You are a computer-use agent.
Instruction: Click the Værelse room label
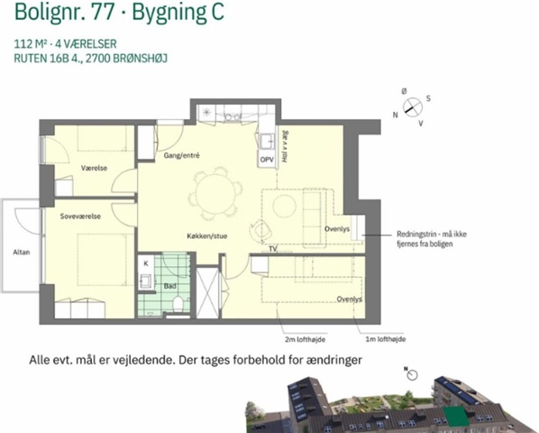tap(94, 168)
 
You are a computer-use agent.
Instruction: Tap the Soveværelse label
tap(80, 216)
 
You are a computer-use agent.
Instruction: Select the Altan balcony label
tap(22, 252)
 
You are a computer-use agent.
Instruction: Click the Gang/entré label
tap(181, 155)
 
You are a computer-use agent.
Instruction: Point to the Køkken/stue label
tap(207, 236)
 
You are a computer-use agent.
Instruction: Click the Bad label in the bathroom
tap(169, 286)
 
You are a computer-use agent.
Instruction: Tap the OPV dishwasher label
tap(267, 160)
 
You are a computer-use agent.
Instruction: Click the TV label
tap(273, 248)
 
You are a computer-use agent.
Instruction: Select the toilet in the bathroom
tap(178, 304)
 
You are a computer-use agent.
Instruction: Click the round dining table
tap(215, 193)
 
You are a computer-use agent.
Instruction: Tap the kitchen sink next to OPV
tap(267, 141)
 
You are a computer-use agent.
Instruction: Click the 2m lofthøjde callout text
tap(305, 339)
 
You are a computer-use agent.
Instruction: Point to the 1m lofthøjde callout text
tap(386, 339)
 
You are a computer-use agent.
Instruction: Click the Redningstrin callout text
tap(432, 239)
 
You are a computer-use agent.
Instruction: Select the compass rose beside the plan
tap(413, 107)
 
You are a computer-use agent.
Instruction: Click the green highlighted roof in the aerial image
tap(456, 416)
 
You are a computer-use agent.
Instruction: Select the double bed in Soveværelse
tap(102, 260)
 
